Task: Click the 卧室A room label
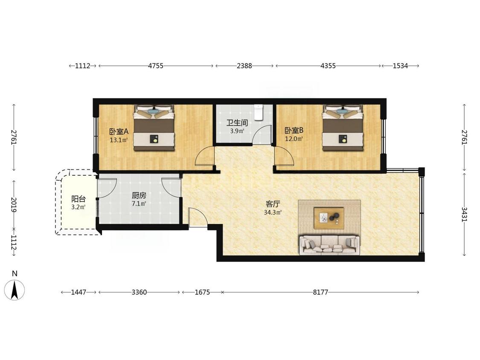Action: [x=119, y=132]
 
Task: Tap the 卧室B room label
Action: [x=294, y=131]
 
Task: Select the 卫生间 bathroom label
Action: [x=237, y=123]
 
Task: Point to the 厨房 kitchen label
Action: [x=139, y=195]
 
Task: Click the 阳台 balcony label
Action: [x=79, y=199]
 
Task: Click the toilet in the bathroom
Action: [x=259, y=112]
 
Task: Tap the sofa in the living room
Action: [x=329, y=244]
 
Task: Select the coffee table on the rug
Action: [x=329, y=218]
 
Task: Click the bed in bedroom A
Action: [x=154, y=128]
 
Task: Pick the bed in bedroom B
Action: [x=343, y=128]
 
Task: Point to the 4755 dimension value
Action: [x=155, y=66]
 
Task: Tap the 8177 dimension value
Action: [x=320, y=292]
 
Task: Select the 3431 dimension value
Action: [x=464, y=214]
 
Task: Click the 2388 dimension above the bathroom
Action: [x=244, y=66]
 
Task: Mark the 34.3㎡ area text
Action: [x=273, y=212]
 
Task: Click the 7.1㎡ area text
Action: [x=139, y=203]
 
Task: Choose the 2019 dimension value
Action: [x=14, y=204]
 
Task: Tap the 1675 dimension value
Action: [x=202, y=292]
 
